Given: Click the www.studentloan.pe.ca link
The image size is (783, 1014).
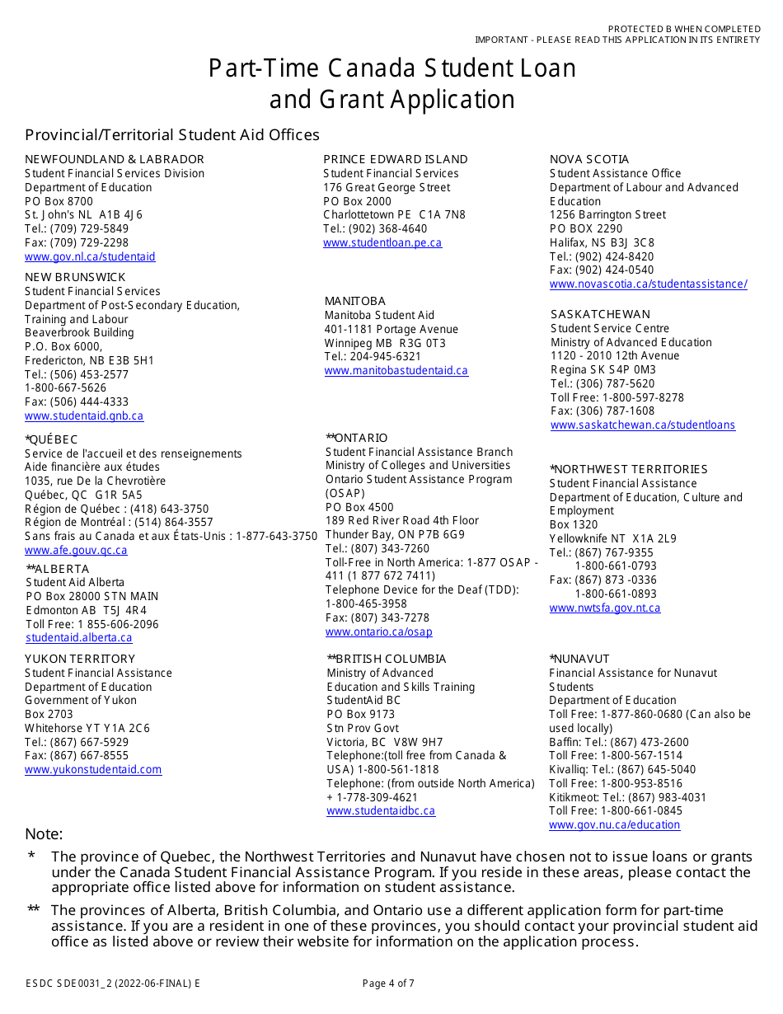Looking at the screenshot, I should (x=382, y=243).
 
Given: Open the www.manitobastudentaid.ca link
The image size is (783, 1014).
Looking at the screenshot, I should (x=396, y=371).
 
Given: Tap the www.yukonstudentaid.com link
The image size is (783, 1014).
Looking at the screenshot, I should (x=93, y=770).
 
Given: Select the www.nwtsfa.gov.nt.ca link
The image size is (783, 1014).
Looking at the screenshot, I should (x=605, y=608).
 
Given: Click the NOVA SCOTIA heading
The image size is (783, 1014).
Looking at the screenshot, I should (x=589, y=159).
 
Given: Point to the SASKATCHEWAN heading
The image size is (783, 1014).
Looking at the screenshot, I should (x=600, y=314).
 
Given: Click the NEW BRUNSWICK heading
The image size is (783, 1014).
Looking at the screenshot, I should (x=75, y=277).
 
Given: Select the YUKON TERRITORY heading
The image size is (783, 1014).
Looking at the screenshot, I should (x=80, y=659).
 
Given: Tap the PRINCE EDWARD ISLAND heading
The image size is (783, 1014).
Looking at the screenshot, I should (x=396, y=159).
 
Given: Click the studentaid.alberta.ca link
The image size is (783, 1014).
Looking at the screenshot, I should (x=79, y=638).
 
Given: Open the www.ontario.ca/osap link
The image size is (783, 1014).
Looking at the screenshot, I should (x=379, y=632).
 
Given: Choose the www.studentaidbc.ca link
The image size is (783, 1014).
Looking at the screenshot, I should (x=381, y=811).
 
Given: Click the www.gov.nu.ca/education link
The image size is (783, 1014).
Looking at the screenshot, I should (x=615, y=825).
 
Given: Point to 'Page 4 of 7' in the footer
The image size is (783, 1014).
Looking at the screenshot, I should (x=388, y=983).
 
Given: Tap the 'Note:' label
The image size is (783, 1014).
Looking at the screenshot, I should (x=44, y=834).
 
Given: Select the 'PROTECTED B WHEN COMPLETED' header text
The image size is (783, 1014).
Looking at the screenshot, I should (x=684, y=29).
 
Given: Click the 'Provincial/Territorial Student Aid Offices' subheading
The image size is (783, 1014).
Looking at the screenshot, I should (x=172, y=134).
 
